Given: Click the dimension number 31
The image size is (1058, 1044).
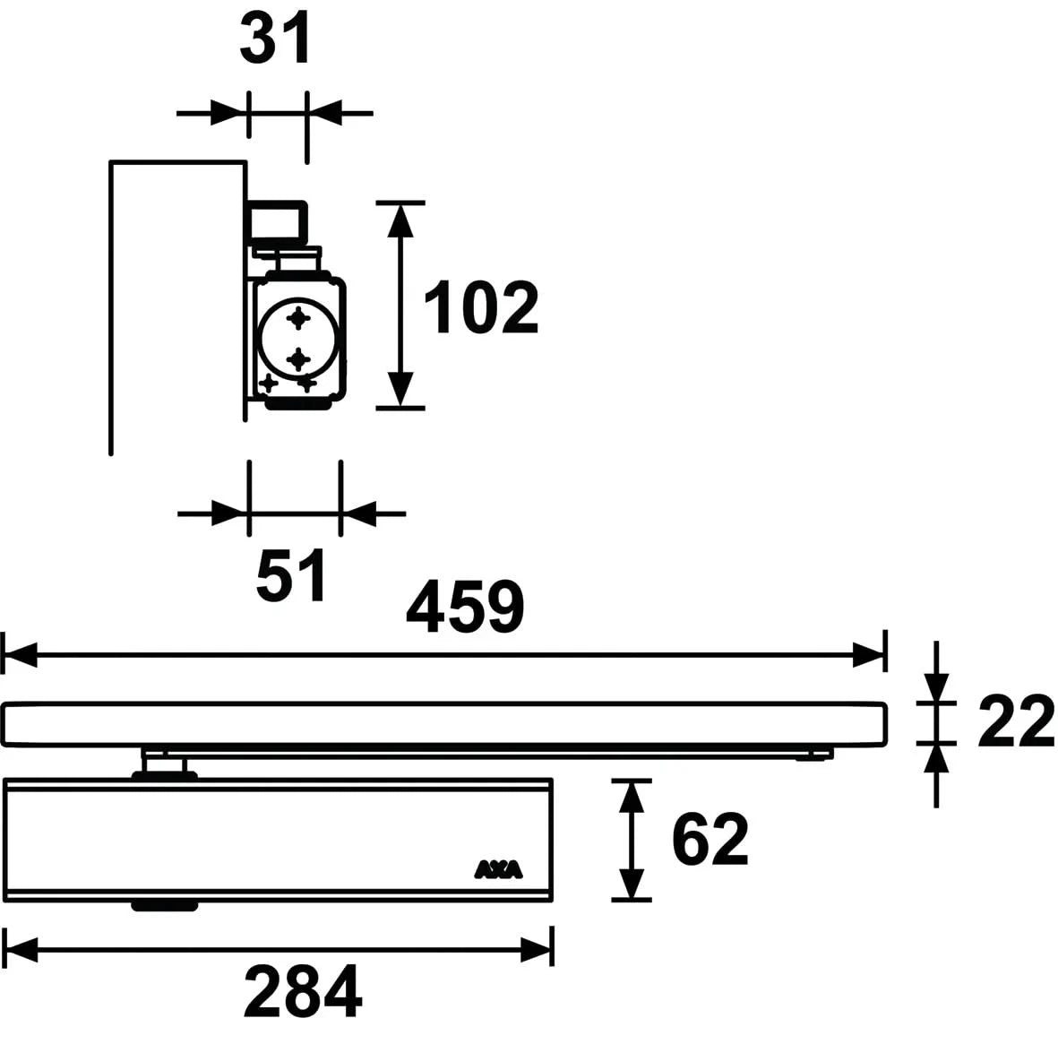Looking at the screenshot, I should [275, 39].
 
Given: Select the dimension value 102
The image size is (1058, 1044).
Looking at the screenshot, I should [480, 307].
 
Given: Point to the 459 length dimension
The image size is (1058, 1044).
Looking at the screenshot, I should [464, 608].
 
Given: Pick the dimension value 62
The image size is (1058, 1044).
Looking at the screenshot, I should [710, 840].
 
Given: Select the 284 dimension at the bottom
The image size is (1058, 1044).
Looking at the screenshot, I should [303, 992].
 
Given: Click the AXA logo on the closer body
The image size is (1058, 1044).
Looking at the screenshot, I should [498, 869].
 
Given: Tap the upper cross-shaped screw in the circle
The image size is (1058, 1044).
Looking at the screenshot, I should [298, 317].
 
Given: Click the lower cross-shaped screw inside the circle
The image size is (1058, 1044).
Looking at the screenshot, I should [298, 359].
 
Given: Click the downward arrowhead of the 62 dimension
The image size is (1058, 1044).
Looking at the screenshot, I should [632, 884].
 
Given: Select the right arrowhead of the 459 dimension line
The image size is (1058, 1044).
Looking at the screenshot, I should [870, 655].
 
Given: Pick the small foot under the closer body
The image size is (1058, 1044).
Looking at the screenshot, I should [164, 906].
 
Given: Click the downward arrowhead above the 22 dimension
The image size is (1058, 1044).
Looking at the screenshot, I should [936, 688].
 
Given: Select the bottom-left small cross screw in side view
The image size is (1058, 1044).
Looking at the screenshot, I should [268, 383].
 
